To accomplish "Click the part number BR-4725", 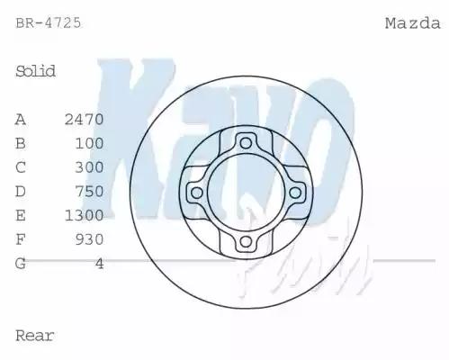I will [49, 23].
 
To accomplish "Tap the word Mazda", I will [412, 23].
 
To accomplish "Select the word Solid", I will [36, 71].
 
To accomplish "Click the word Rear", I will [35, 336].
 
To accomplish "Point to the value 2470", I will [85, 119].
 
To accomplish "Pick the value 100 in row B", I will [89, 143].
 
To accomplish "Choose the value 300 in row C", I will [89, 167].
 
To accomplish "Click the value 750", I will [89, 191].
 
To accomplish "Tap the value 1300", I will [85, 215].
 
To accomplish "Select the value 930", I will [89, 239].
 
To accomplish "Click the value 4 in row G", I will [99, 264].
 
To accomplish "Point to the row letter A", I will [21, 119].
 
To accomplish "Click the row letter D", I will [21, 191].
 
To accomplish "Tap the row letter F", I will [21, 239].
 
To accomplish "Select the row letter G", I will [21, 264].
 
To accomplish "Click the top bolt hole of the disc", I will [246, 140].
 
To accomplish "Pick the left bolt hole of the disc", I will [194, 192].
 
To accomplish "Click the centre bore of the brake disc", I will [246, 192].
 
